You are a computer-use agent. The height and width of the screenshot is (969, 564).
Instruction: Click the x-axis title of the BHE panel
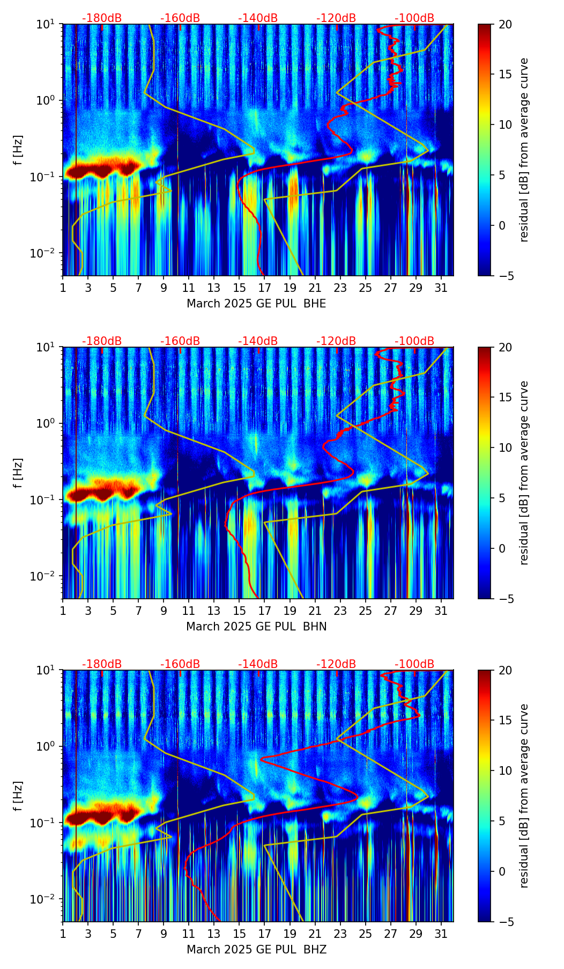point(256,304)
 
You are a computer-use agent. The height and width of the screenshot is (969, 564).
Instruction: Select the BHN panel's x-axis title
point(256,627)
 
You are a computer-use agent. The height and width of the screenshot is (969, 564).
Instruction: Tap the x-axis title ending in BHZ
point(256,950)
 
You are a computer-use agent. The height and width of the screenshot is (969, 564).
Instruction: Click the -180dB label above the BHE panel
point(102,18)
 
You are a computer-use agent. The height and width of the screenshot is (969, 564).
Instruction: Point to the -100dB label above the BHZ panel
point(414,664)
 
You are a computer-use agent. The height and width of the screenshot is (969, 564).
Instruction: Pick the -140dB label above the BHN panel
point(258,341)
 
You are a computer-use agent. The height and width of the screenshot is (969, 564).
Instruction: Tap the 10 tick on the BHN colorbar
point(505,447)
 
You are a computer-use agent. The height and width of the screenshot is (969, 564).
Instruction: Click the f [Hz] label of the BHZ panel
point(18,796)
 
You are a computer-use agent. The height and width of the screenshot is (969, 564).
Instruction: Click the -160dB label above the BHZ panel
point(180,664)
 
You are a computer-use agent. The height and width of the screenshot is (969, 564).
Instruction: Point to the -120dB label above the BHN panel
point(336,341)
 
